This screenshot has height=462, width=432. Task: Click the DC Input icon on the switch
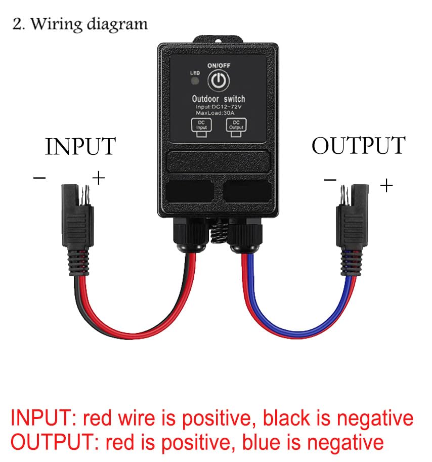pos(201,125)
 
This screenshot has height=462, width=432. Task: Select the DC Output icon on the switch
pos(236,125)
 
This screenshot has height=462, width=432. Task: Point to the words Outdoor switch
pos(219,99)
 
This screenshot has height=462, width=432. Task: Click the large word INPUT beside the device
pos(80,147)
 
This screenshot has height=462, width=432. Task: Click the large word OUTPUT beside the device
pos(358,146)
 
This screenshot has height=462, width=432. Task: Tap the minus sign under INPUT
pos(39,178)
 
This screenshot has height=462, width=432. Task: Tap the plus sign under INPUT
pos(98,178)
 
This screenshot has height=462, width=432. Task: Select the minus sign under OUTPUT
pos(330,179)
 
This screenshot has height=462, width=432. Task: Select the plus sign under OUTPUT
pos(386,186)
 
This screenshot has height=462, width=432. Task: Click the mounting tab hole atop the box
pos(219,39)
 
